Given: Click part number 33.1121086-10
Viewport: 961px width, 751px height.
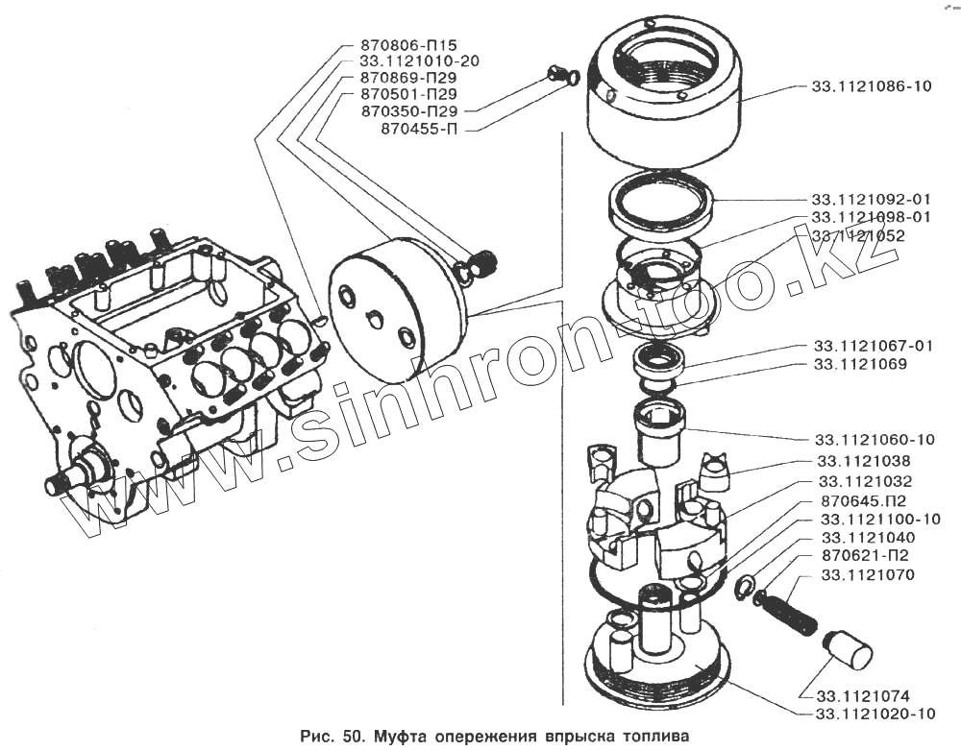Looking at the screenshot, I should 872,86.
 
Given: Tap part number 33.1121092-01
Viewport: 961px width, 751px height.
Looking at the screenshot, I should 872,200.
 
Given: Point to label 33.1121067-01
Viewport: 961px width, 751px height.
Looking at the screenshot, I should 873,346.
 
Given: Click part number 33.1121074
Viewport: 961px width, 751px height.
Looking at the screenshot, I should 863,695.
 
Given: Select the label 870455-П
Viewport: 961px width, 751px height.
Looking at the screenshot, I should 420,128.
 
